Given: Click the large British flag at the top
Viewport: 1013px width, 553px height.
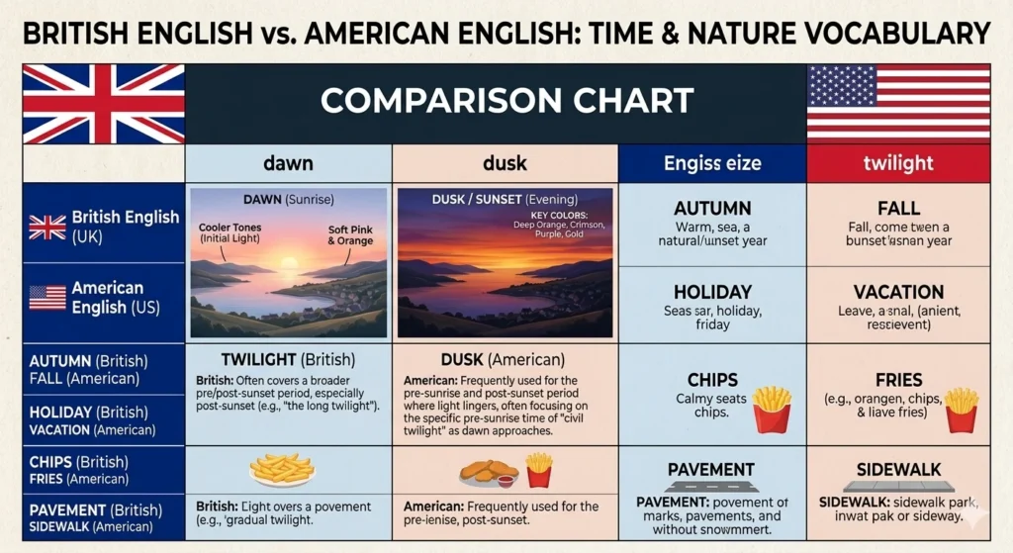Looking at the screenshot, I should coord(104,103).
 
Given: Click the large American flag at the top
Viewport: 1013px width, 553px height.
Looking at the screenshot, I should coord(898,102).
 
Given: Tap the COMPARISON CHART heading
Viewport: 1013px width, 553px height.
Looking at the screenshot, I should coord(506,101).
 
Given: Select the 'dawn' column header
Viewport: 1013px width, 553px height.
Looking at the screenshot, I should coord(288,163).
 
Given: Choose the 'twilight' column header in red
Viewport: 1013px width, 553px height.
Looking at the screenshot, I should coord(898,163).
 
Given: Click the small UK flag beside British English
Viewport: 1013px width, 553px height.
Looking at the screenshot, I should coord(47,228).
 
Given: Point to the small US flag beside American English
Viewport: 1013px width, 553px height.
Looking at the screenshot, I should coord(47,298).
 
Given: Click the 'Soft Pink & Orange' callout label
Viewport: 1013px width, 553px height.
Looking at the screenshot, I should coord(351,234).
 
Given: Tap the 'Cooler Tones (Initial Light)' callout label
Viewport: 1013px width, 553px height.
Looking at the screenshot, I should coord(230,232).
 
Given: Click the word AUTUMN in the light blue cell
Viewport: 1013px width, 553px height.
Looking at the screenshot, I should coord(711,209).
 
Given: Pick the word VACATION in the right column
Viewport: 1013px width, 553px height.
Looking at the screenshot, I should coord(898,292).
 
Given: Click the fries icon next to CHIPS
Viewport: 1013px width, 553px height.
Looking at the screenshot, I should coord(771,409).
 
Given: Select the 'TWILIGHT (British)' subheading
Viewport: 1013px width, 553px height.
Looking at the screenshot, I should coord(288,359).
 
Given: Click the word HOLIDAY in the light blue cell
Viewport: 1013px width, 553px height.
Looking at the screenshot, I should coord(711,292).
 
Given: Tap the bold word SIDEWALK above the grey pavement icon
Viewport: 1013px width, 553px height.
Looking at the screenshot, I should coord(898,469).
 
